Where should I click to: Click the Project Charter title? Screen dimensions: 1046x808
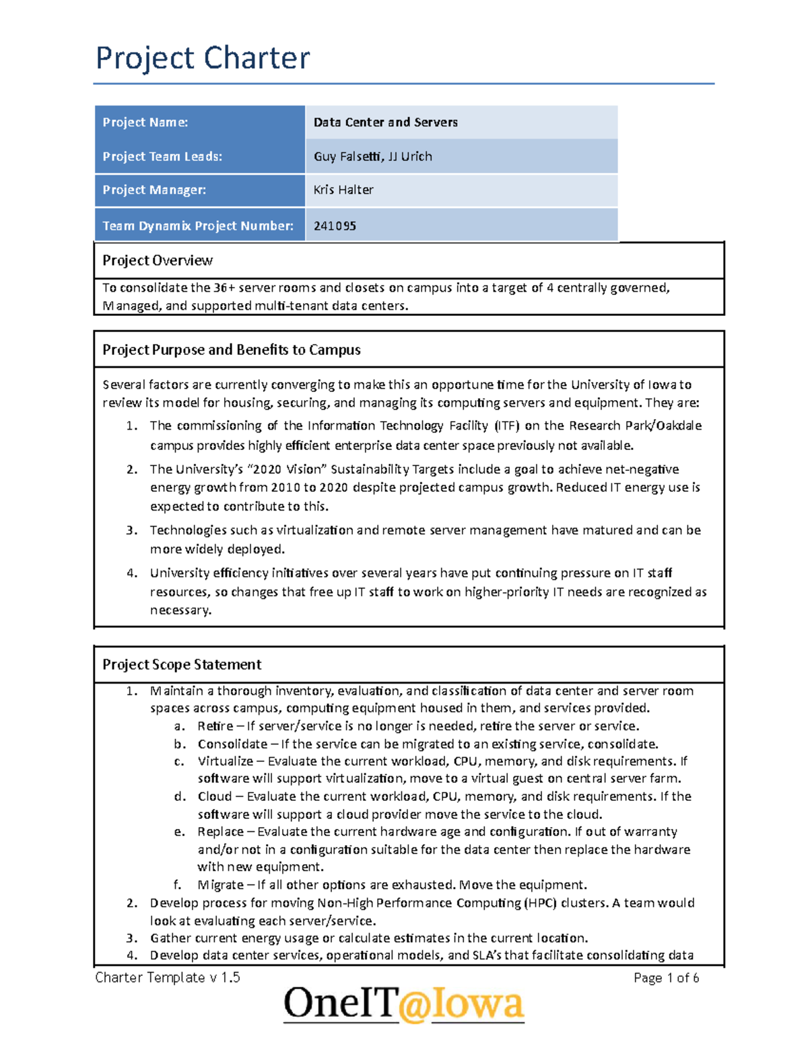coord(203,58)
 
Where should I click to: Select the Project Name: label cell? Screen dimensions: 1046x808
coord(145,122)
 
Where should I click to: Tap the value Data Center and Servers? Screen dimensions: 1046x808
coord(385,122)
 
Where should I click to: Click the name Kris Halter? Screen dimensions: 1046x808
coord(343,190)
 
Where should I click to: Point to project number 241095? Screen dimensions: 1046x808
coord(335,226)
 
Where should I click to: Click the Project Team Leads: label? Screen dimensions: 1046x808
coord(162,156)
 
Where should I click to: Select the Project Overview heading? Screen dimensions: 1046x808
coord(157,261)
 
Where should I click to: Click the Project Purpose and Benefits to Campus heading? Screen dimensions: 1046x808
coord(231,350)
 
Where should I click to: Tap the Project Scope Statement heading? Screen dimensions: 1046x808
coord(181,664)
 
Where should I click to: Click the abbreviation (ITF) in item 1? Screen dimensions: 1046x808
coord(507,426)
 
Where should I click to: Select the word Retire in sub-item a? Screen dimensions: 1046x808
coord(215,726)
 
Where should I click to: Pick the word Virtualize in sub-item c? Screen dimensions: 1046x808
coord(225,761)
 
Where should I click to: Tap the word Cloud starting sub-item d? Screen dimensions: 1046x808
coord(214,796)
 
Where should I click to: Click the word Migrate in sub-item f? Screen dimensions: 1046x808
coord(220,884)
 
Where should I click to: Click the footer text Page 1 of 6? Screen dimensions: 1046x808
coord(666,978)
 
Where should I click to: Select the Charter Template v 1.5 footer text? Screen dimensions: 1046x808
coord(168,977)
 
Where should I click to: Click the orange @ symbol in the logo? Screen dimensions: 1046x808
coord(414,1004)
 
